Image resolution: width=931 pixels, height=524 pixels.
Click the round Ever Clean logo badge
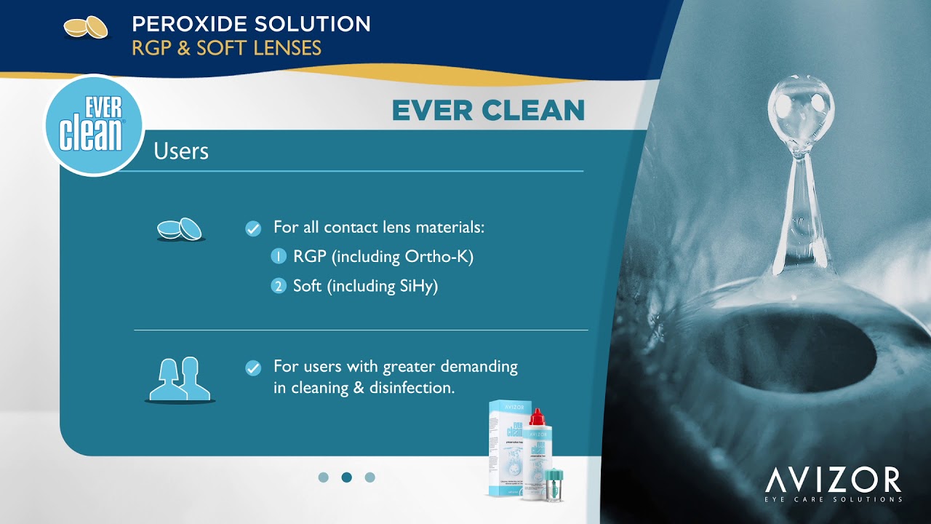[92, 125]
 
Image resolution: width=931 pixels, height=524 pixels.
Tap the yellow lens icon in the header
[86, 28]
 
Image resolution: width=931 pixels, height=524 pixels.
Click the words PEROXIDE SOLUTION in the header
[251, 24]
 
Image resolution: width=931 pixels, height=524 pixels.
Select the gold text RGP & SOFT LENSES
[226, 48]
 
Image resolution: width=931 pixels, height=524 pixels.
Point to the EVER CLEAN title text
[488, 111]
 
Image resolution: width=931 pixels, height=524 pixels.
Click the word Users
[181, 151]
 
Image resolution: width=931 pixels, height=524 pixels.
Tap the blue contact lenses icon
[180, 229]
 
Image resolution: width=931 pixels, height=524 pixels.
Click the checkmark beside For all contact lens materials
[253, 229]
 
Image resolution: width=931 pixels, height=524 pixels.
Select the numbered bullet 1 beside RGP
[279, 257]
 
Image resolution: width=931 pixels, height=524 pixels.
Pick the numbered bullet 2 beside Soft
[279, 286]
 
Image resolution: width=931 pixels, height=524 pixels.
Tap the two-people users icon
[180, 378]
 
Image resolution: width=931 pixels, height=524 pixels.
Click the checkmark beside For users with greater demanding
[253, 368]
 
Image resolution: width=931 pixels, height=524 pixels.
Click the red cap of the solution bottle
[537, 417]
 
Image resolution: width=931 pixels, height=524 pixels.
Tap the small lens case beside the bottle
[554, 483]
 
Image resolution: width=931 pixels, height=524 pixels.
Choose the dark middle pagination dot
[347, 477]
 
